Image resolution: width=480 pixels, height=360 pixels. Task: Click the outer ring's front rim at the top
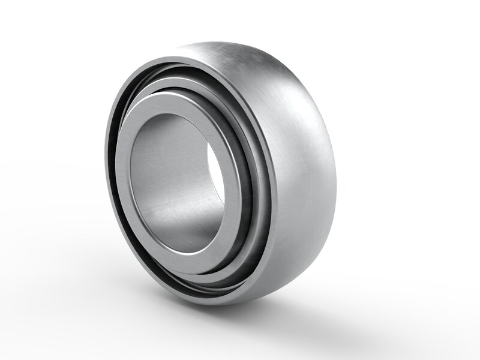pos(180,60)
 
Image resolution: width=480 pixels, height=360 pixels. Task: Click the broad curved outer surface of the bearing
pos(294,168)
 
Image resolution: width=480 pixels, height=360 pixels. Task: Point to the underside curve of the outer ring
pos(270,282)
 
